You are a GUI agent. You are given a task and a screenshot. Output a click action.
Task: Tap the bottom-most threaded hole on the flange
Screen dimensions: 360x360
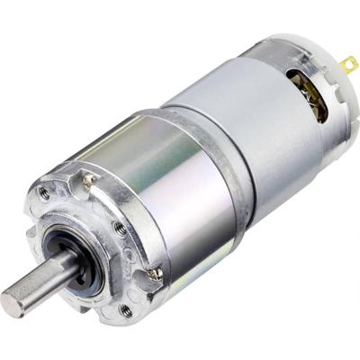coord(125,310)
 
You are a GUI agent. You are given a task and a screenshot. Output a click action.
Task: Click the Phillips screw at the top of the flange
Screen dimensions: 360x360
coord(88,180)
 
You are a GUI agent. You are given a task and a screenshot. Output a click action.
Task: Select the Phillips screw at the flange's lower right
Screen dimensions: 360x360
coord(155,273)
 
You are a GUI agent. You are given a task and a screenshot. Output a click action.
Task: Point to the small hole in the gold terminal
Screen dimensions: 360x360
coord(351,63)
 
